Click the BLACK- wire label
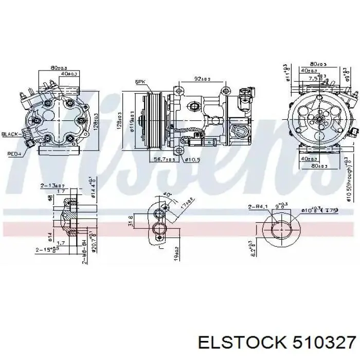pos(10,134)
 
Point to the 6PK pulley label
pos(140,82)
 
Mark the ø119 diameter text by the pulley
pos(132,120)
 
